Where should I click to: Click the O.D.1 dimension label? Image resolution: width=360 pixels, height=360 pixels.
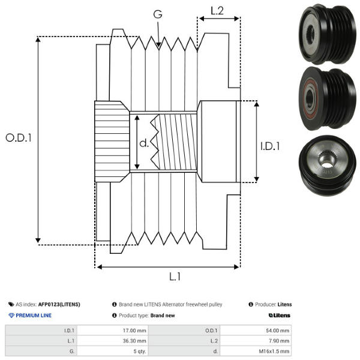pyautogui.click(x=19, y=137)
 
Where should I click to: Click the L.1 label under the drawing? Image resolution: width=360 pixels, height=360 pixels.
pyautogui.click(x=175, y=277)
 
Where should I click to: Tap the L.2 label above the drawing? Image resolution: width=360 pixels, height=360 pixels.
pyautogui.click(x=217, y=10)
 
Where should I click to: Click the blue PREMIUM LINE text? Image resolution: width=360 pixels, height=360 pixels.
pyautogui.click(x=34, y=316)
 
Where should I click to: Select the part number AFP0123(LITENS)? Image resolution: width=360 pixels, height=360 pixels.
pyautogui.click(x=59, y=304)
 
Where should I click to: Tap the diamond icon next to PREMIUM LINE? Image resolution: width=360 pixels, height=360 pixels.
pyautogui.click(x=11, y=316)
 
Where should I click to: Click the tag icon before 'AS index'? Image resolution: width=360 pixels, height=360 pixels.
pyautogui.click(x=11, y=304)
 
